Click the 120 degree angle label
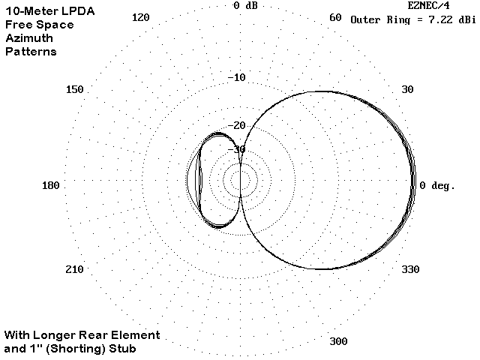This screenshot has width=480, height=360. pyautogui.click(x=140, y=17)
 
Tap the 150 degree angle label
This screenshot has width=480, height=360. pyautogui.click(x=75, y=89)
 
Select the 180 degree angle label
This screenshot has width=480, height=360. pyautogui.click(x=50, y=185)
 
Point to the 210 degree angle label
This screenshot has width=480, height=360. pyautogui.click(x=74, y=269)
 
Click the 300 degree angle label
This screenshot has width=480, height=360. pyautogui.click(x=338, y=341)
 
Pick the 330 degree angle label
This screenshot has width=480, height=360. pyautogui.click(x=410, y=269)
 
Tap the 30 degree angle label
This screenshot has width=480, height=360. pyautogui.click(x=407, y=89)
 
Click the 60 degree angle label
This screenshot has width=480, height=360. pyautogui.click(x=335, y=17)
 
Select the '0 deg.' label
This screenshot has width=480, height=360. pyautogui.click(x=437, y=185)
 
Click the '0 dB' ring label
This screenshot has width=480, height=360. pyautogui.click(x=245, y=5)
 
